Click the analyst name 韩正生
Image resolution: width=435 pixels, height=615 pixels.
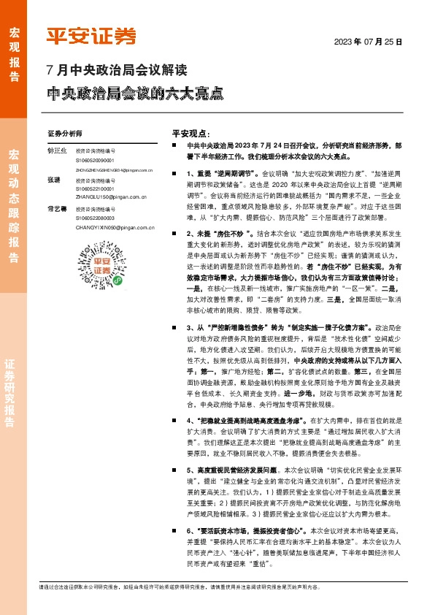coord(56,151)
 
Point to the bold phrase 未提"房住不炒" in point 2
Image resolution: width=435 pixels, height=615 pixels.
coord(220,252)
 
